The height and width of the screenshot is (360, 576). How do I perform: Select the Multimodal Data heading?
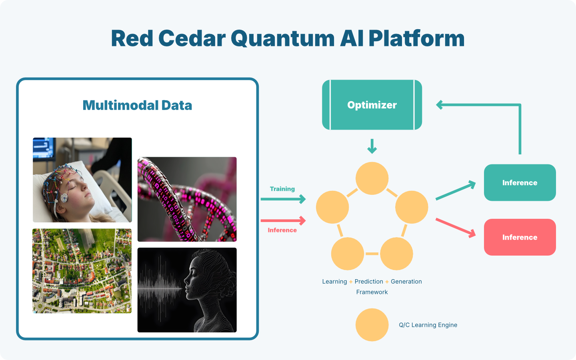tap(137, 106)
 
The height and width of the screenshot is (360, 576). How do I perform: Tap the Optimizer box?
tap(372, 105)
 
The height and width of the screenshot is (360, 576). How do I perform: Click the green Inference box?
tap(520, 182)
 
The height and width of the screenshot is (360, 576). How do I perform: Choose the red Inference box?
tap(520, 237)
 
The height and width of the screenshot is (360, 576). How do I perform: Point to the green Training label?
tap(282, 189)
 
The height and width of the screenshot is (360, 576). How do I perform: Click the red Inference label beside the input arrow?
tap(282, 230)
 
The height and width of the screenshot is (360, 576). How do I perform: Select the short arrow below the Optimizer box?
tap(372, 146)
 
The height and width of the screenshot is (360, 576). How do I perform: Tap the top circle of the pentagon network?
tap(372, 178)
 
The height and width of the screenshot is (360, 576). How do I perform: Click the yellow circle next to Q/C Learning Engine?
tap(372, 325)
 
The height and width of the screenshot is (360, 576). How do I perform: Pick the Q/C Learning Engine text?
tap(428, 325)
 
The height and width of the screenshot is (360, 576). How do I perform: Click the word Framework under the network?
tap(372, 292)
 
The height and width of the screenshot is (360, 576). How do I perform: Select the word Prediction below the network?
tap(369, 282)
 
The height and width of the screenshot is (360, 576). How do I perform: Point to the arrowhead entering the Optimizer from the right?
tap(439, 105)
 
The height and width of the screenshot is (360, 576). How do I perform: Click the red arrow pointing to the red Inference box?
tap(455, 228)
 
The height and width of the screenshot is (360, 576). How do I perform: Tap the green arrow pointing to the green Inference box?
tap(455, 190)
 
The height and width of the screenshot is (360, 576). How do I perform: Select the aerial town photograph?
tap(82, 271)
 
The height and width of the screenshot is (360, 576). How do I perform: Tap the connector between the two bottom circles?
tap(372, 254)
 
